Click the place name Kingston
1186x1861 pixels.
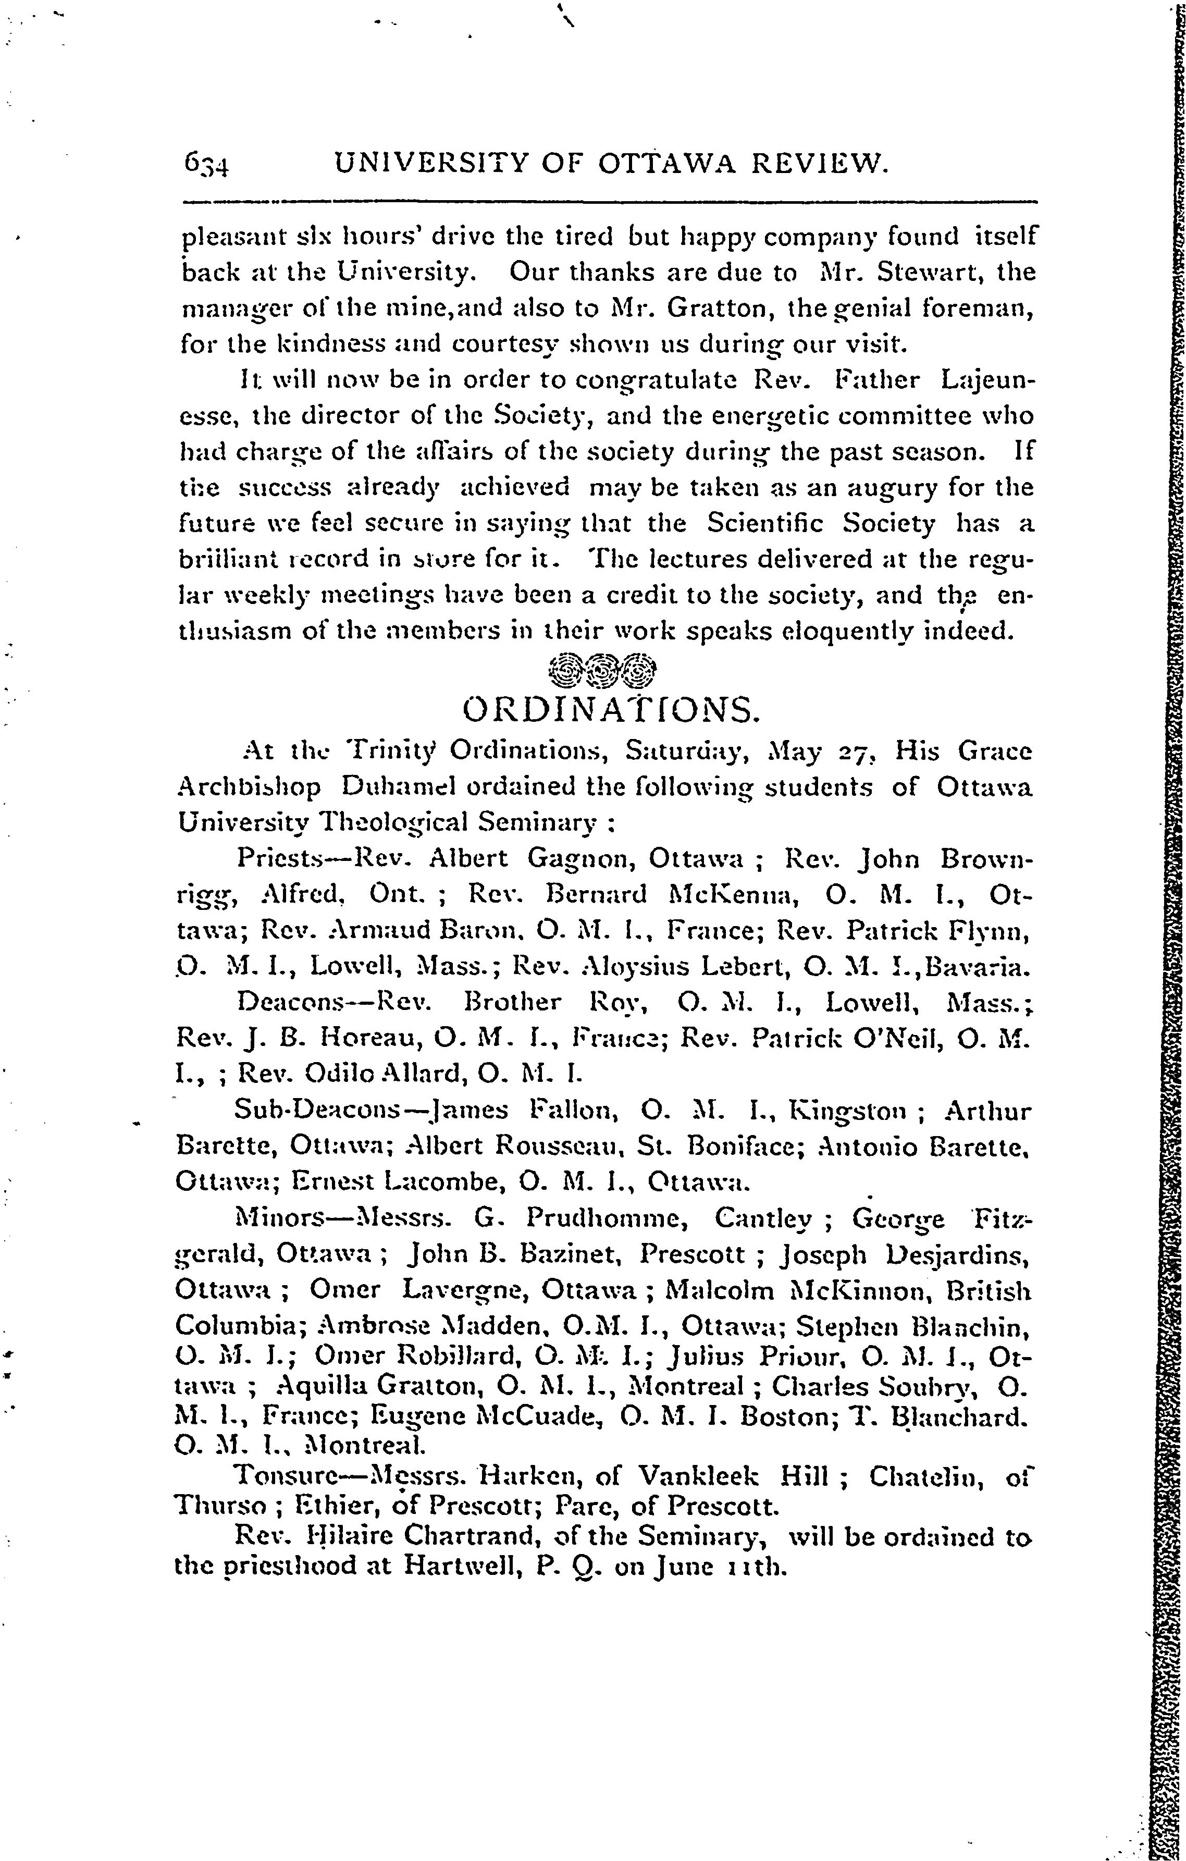coord(846,1112)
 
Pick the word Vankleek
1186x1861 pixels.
coord(700,1477)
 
